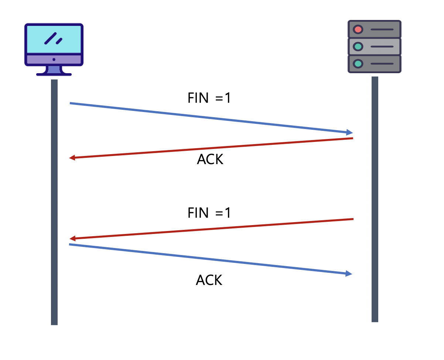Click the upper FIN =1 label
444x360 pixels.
(209, 98)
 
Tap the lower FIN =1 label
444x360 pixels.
(209, 213)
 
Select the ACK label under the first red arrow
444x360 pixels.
(210, 159)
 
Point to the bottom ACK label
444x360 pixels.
(209, 280)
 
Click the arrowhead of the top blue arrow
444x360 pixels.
(349, 132)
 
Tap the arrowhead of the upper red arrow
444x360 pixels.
(72, 158)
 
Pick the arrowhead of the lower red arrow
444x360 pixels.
(72, 238)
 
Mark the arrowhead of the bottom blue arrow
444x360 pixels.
(349, 274)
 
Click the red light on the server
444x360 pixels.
(358, 29)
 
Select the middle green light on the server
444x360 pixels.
(358, 47)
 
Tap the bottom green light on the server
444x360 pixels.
(358, 64)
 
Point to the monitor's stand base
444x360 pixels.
(54, 74)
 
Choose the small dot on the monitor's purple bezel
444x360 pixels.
(54, 59)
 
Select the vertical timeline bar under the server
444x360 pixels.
(375, 200)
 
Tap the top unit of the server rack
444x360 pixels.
(375, 29)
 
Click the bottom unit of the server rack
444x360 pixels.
(375, 64)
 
